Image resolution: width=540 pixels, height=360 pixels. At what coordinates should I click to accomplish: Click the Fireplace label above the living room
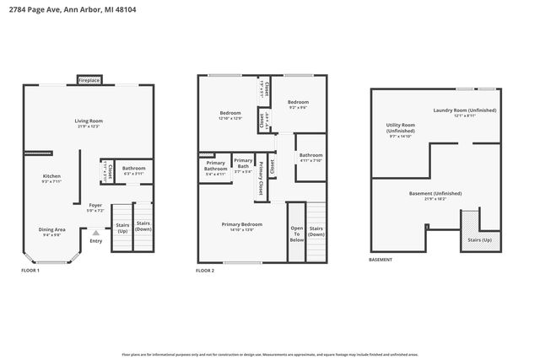[x=89, y=80]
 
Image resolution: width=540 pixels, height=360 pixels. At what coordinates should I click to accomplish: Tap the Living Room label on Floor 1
[x=89, y=123]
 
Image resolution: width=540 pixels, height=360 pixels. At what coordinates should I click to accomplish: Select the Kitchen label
[x=52, y=179]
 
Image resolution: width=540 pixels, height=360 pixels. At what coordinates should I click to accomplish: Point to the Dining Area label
[x=51, y=230]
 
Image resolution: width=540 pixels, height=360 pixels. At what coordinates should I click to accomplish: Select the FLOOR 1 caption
[x=31, y=270]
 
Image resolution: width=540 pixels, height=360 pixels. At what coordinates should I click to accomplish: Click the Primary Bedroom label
[x=241, y=226]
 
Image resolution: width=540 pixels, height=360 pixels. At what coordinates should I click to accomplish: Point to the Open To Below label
[x=296, y=233]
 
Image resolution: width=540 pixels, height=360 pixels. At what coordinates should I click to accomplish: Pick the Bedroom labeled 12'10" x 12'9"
[x=230, y=115]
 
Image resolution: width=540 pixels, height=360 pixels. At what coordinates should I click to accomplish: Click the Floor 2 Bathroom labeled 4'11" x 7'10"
[x=310, y=157]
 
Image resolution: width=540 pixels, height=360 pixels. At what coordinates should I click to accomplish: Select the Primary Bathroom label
[x=215, y=167]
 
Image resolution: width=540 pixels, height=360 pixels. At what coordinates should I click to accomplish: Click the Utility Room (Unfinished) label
[x=400, y=131]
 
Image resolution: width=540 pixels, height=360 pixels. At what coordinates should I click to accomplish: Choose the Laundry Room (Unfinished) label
[x=464, y=112]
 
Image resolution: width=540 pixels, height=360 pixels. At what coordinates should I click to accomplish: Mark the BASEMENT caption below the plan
[x=381, y=260]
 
